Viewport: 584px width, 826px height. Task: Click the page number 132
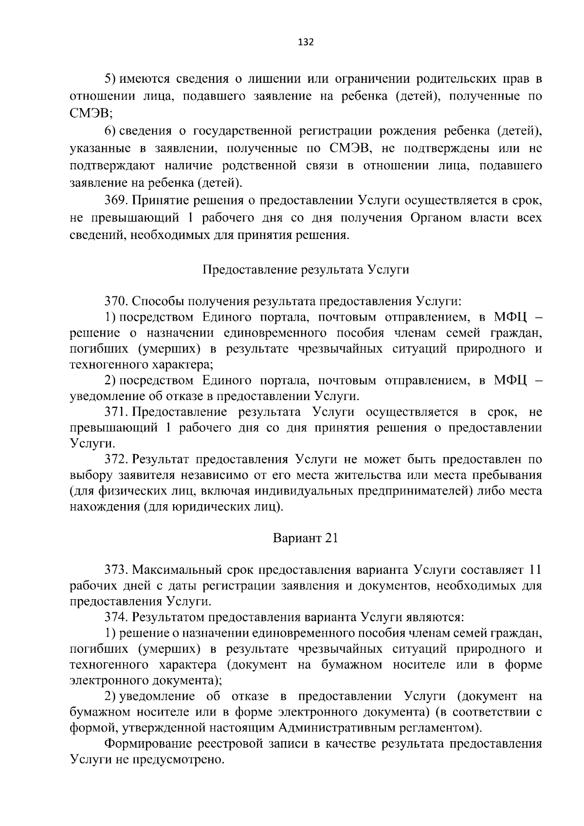pyautogui.click(x=306, y=42)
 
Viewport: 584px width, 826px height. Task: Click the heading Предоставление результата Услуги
pyautogui.click(x=306, y=270)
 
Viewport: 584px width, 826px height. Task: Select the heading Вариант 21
pyautogui.click(x=305, y=538)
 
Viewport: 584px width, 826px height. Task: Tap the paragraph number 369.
pyautogui.click(x=117, y=201)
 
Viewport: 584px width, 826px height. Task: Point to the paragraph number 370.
pyautogui.click(x=117, y=301)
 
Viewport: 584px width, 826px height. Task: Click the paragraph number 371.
pyautogui.click(x=117, y=412)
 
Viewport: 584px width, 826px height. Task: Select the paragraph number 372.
pyautogui.click(x=117, y=459)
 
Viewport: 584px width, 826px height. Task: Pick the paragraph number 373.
pyautogui.click(x=117, y=570)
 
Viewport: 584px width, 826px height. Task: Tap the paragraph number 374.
pyautogui.click(x=117, y=617)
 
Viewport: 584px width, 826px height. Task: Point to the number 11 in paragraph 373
pyautogui.click(x=535, y=570)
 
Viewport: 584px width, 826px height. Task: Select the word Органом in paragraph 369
pyautogui.click(x=435, y=218)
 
